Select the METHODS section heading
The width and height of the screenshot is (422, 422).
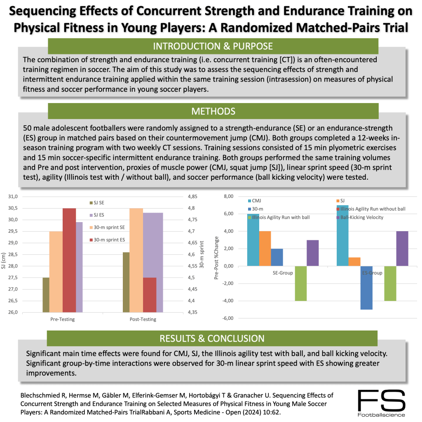point(213,111)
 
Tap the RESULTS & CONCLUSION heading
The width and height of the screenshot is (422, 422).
point(212,338)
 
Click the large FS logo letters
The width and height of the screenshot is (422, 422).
point(381,399)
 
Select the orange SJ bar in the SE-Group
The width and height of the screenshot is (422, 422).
point(265,249)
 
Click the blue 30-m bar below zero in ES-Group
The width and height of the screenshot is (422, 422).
point(367,288)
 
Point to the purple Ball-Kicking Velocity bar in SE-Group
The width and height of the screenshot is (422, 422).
point(313,253)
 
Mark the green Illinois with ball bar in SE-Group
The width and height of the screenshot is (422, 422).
point(301,284)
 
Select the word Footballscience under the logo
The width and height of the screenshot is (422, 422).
point(381,415)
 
